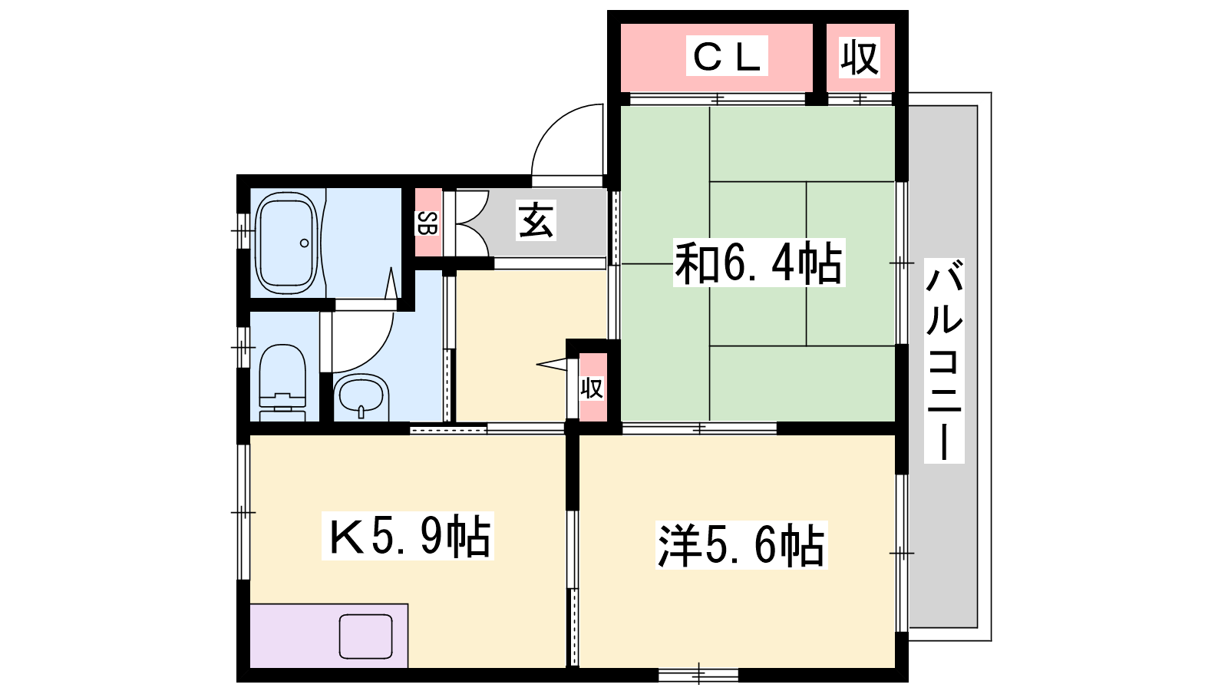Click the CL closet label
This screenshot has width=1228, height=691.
(726, 56)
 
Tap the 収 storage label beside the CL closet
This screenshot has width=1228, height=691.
(860, 57)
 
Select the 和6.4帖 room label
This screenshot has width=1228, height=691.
(759, 263)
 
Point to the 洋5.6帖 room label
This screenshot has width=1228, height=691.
(741, 546)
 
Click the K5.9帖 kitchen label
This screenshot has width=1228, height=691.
(408, 536)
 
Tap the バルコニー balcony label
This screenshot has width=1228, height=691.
(944, 361)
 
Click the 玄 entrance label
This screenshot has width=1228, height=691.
(536, 220)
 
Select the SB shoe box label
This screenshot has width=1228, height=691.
(427, 223)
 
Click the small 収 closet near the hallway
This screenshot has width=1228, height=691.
(592, 388)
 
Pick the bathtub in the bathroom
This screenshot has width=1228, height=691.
(287, 243)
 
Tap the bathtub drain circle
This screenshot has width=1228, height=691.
(304, 243)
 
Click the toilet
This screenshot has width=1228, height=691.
(282, 383)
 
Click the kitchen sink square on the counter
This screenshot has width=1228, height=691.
(365, 636)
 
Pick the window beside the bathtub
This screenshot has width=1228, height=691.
(243, 230)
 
